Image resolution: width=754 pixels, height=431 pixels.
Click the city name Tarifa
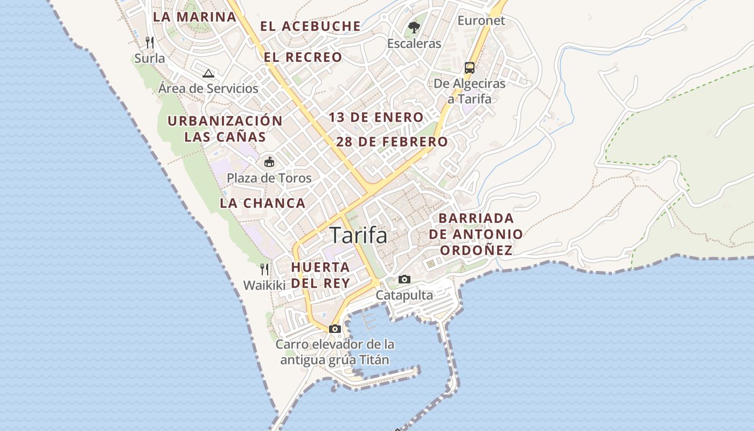[x=358, y=235]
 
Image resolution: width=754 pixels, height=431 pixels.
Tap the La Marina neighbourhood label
[x=194, y=17]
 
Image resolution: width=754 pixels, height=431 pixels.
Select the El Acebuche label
[x=310, y=26]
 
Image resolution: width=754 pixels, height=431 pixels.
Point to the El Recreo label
[x=303, y=57]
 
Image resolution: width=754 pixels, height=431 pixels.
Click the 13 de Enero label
[x=376, y=117]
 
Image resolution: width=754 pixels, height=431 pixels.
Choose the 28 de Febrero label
[x=392, y=142]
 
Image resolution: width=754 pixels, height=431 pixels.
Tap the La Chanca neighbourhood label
[x=263, y=203]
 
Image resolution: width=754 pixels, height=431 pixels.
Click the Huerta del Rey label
[x=320, y=275]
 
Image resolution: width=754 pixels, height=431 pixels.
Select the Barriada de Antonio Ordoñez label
[x=476, y=234]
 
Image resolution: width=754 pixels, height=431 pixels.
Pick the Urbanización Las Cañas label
[x=225, y=129]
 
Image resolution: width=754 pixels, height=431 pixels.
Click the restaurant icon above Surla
[x=150, y=42]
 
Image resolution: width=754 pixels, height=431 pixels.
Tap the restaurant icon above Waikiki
[x=264, y=269]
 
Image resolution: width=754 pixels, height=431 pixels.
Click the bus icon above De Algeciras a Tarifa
[x=470, y=68]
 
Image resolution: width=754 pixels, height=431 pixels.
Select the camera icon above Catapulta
[x=404, y=279]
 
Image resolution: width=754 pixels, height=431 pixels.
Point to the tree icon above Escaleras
[x=414, y=27]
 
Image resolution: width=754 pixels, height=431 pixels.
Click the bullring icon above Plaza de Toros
[x=269, y=162]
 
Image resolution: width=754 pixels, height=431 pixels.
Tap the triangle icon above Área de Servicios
[x=208, y=73]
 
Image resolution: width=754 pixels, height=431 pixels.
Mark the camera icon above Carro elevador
[x=334, y=329]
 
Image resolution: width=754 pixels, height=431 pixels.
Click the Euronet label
[x=481, y=20]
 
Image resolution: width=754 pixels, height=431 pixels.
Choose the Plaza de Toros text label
[x=269, y=178]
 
